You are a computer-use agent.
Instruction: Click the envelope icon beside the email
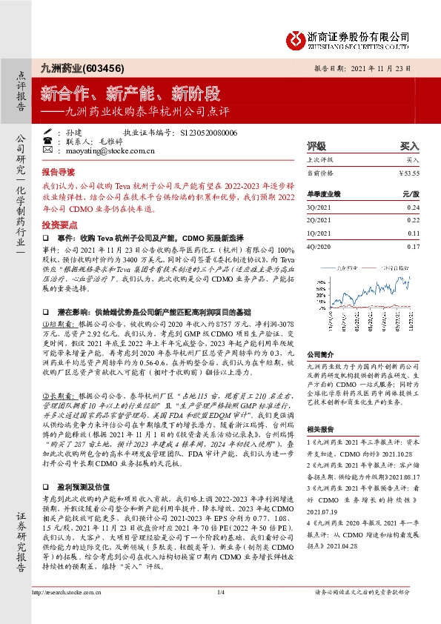47,150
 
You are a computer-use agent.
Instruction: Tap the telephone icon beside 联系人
47,140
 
